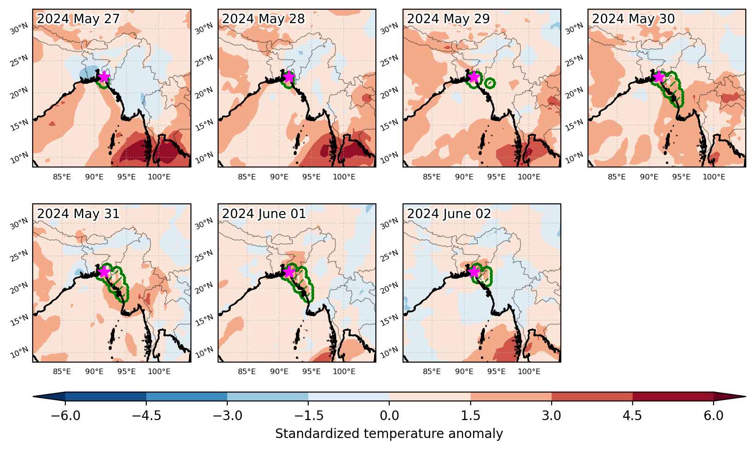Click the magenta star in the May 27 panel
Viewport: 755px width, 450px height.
104,77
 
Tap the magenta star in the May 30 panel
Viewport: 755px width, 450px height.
659,77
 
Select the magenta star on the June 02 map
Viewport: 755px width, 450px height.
474,271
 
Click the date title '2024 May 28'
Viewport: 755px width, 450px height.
263,19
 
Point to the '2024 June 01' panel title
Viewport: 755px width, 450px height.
264,213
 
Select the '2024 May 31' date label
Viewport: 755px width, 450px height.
78,213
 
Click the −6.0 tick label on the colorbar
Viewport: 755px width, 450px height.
65,415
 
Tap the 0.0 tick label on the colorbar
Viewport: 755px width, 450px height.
389,415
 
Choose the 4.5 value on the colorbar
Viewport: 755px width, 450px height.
632,415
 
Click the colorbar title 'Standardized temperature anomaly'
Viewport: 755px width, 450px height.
389,433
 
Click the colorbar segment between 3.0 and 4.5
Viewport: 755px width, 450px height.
592,397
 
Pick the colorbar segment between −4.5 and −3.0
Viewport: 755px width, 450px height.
187,397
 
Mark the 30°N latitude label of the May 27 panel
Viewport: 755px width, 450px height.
19,29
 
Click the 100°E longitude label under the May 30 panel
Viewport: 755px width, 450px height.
714,177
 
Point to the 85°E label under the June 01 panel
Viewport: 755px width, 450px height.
247,371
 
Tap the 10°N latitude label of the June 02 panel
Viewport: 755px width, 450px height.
389,352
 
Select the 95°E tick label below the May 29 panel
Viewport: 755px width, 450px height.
496,177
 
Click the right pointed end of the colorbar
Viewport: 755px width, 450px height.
745,397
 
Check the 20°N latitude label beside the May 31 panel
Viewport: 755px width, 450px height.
19,288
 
